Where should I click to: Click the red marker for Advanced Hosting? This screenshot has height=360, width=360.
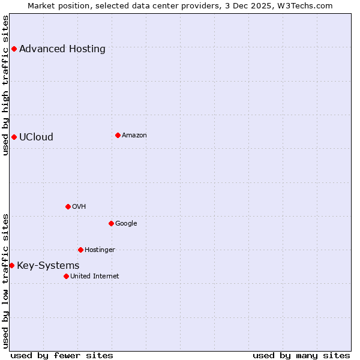point(14,49)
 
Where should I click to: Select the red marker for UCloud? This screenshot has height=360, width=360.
point(14,137)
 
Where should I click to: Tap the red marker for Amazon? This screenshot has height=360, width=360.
point(118,135)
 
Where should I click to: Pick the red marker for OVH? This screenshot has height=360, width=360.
point(68,206)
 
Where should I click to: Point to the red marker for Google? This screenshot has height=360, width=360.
point(111,223)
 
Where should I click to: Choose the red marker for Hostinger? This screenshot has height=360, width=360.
point(80,250)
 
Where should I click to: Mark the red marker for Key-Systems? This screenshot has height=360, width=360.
point(11,265)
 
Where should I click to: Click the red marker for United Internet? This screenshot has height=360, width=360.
point(66,276)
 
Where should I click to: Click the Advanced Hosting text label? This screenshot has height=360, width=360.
point(62,49)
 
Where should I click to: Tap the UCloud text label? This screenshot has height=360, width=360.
point(36,137)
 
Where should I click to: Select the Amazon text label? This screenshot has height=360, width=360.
point(134,135)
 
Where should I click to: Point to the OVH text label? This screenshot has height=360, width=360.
point(79,206)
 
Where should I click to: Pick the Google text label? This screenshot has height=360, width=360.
point(126,223)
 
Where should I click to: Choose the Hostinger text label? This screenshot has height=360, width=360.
point(100,250)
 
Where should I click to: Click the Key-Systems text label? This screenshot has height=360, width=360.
point(48,265)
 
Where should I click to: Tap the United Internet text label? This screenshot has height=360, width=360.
point(95,276)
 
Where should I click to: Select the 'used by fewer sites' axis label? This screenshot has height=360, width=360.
point(62,355)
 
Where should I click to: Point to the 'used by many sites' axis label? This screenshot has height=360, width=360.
point(301,355)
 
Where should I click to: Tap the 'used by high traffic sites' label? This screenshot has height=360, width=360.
point(5,85)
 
